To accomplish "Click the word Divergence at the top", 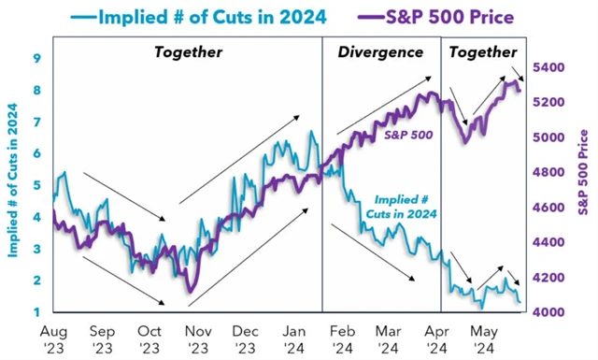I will point(379,52).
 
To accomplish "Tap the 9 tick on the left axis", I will point(36,58).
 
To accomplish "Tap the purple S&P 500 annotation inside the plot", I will point(407,136).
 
